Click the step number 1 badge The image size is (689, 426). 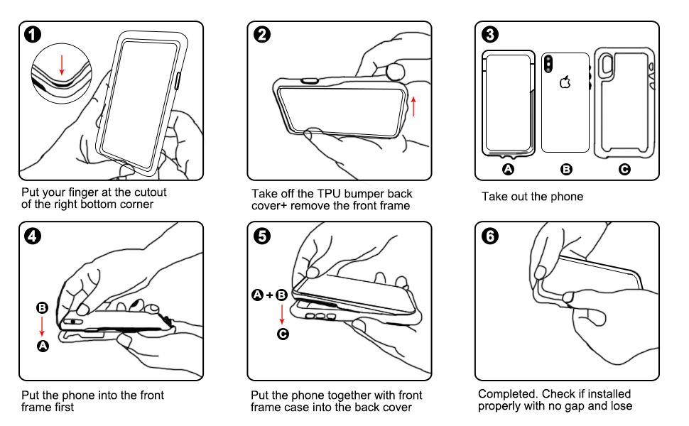pyautogui.click(x=33, y=34)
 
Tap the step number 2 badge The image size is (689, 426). pyautogui.click(x=262, y=34)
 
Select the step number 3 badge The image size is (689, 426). pyautogui.click(x=490, y=34)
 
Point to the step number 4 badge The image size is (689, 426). pyautogui.click(x=33, y=236)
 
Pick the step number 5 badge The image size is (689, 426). pyautogui.click(x=262, y=236)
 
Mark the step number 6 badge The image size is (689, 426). pyautogui.click(x=490, y=236)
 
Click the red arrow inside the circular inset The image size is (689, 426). pyautogui.click(x=62, y=65)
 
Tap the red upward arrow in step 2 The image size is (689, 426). pyautogui.click(x=413, y=106)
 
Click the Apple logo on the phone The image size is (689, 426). pyautogui.click(x=565, y=82)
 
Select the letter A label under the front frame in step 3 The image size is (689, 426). pyautogui.click(x=508, y=169)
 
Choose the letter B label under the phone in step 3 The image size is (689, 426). pyautogui.click(x=566, y=169)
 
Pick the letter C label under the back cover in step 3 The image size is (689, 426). pyautogui.click(x=624, y=169)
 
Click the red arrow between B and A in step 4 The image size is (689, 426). pyautogui.click(x=42, y=327)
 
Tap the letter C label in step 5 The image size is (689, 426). pyautogui.click(x=283, y=334)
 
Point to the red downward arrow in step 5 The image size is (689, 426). pyautogui.click(x=282, y=315)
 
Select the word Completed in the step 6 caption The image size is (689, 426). pyautogui.click(x=508, y=394)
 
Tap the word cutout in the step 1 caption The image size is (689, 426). pyautogui.click(x=151, y=192)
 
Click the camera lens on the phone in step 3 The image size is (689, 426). pyautogui.click(x=548, y=64)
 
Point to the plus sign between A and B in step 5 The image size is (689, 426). pyautogui.click(x=269, y=295)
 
